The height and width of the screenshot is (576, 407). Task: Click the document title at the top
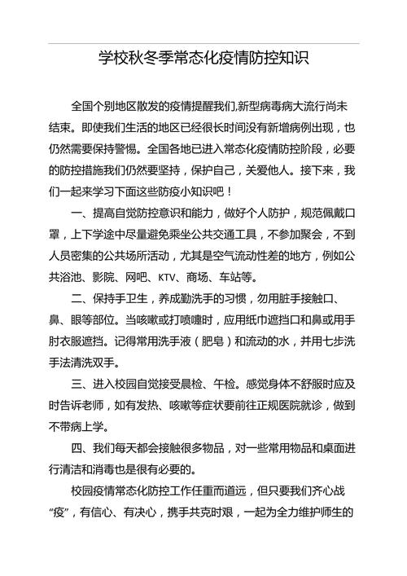(x=203, y=59)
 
